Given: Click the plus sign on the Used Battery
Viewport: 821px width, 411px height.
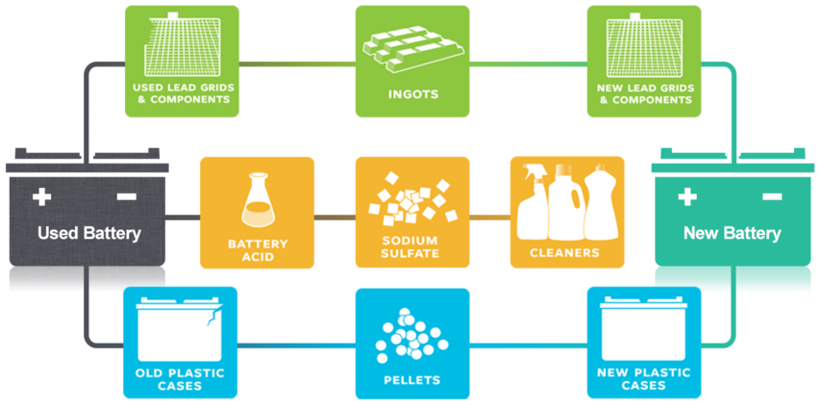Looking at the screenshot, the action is pos(41,197).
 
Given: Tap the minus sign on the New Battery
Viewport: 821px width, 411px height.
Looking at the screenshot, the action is pos(772,196).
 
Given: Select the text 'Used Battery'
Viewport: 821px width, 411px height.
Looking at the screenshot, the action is pos(89,233).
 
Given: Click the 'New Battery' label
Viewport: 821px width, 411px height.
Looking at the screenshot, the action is pos(733,233).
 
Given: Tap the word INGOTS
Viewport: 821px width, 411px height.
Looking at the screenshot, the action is pos(412,95).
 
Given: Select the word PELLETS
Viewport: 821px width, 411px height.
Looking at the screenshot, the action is pos(412,379).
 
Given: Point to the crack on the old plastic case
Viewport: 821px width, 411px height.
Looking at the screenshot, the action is pos(212,316).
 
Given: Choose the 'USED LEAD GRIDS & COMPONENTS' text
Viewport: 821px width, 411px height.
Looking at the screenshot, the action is pos(183,93).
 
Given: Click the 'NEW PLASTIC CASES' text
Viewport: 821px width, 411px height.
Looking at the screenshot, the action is pos(644,379).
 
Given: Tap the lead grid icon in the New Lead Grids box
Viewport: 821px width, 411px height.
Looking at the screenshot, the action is pos(644,44).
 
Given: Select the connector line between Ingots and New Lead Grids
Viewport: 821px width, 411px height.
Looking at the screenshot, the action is pos(529,64).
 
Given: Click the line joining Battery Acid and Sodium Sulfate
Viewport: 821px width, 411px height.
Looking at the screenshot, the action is pos(335,217).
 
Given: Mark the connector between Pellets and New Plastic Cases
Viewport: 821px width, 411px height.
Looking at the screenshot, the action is pos(529,346).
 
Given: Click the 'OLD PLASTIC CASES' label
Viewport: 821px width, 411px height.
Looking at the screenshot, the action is pos(180,379).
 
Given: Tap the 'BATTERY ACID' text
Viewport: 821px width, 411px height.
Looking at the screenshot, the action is pos(258,249).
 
